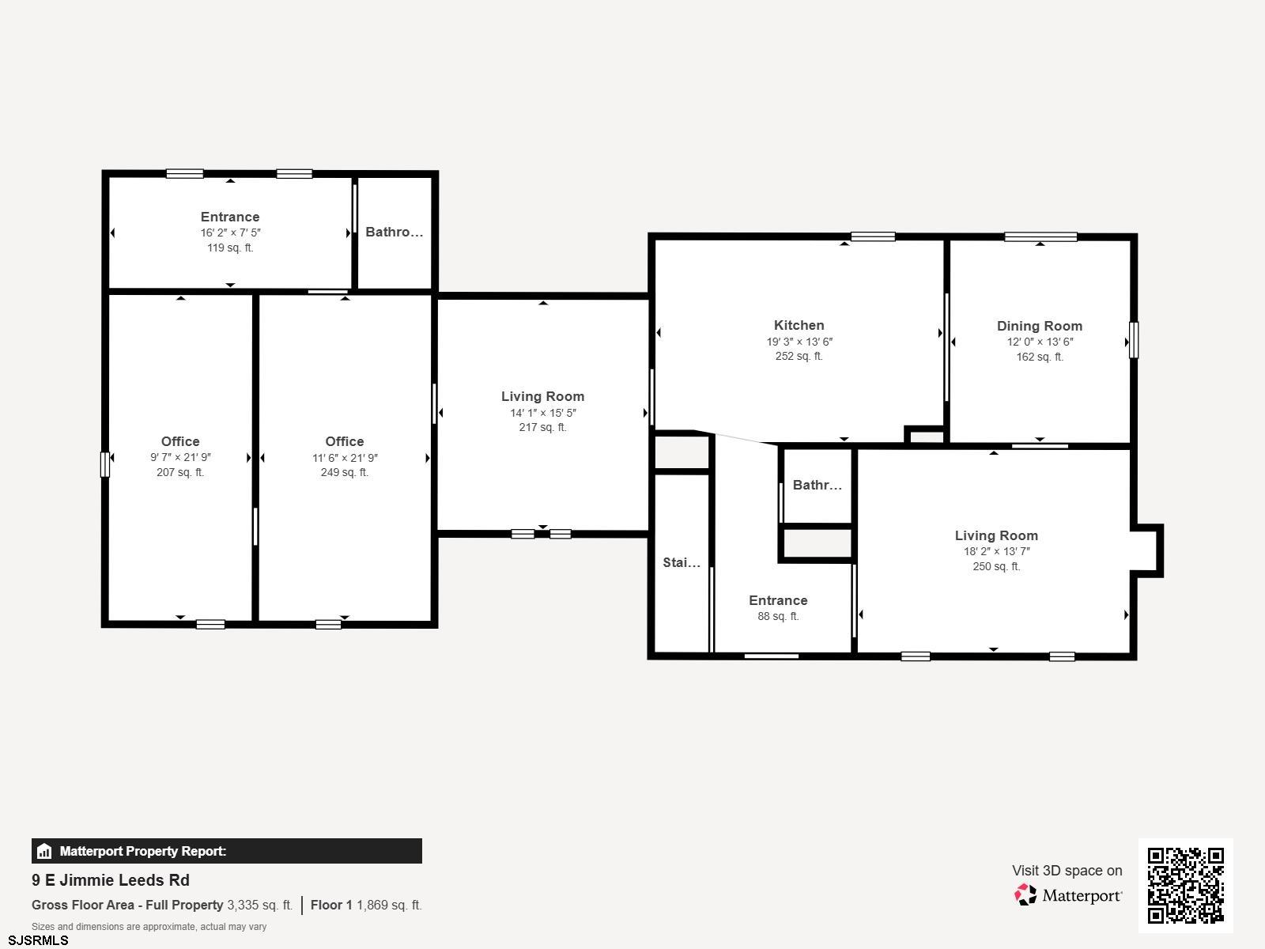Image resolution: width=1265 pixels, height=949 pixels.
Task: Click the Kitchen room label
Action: (x=799, y=325)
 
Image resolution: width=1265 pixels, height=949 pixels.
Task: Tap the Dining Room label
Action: (x=1040, y=326)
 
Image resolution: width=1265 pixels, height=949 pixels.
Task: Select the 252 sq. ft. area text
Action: (x=799, y=356)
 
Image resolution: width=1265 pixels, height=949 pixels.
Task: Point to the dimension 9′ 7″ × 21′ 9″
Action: (x=180, y=457)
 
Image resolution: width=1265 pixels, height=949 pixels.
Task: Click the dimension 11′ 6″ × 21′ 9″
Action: (x=345, y=458)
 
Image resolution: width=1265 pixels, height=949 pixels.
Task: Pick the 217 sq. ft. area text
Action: (x=542, y=427)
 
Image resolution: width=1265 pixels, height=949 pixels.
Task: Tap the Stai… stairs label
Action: (x=682, y=562)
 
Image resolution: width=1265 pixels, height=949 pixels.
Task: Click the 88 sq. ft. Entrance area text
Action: (x=778, y=616)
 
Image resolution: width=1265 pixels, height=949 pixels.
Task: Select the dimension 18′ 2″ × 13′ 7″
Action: (x=996, y=551)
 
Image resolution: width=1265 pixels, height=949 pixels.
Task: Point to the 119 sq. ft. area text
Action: (x=230, y=248)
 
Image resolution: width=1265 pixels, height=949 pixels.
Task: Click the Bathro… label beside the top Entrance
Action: (x=395, y=232)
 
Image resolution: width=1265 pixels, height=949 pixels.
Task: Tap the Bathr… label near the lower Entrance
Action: (x=818, y=485)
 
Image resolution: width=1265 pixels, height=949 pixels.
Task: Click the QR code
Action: (x=1185, y=885)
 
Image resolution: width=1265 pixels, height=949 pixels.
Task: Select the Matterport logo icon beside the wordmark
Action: (x=1025, y=895)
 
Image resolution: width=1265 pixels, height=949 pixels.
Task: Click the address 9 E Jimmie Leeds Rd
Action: (x=111, y=880)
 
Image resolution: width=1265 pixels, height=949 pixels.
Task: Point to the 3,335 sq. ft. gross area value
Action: (x=260, y=905)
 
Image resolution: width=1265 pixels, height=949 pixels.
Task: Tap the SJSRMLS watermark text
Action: (x=38, y=940)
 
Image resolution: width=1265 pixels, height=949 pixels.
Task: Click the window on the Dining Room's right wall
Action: (x=1134, y=340)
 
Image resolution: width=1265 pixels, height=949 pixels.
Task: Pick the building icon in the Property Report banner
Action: (x=44, y=851)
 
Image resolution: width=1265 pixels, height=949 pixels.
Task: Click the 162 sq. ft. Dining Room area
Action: (x=1040, y=357)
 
